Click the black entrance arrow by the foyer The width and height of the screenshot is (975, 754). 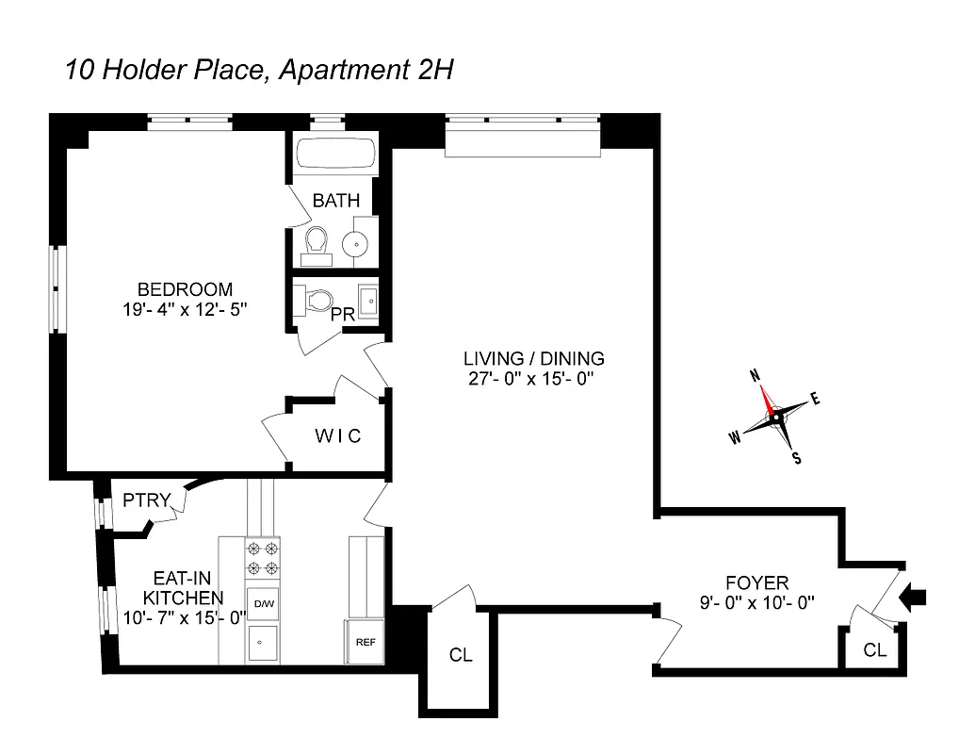(915, 596)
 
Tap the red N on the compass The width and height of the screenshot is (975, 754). (755, 374)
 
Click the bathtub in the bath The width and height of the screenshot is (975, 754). (335, 155)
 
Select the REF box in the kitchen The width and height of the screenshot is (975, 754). (366, 642)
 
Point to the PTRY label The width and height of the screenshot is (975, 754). (147, 500)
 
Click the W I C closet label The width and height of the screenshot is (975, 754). (337, 436)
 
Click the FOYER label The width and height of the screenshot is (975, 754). (756, 582)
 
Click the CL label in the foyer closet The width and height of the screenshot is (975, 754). (874, 649)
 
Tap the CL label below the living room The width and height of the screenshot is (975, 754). (461, 655)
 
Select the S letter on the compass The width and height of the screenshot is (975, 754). (797, 459)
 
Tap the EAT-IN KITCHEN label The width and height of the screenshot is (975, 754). (184, 589)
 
